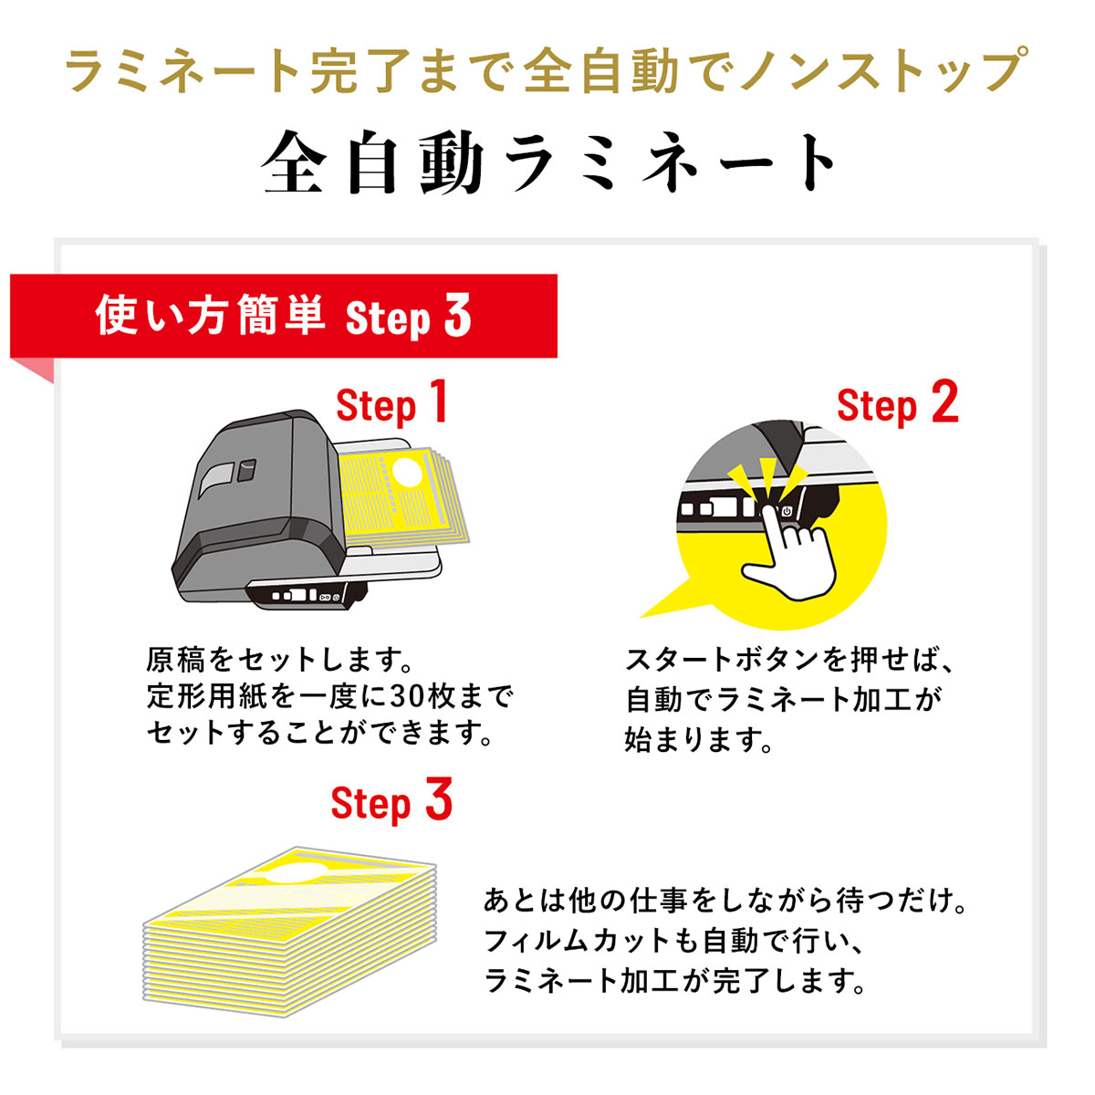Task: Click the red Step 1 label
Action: [x=392, y=404]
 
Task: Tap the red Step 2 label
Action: [x=898, y=404]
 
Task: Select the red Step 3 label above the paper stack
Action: [x=391, y=802]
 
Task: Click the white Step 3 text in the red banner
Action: [x=409, y=317]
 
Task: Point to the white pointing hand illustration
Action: [x=790, y=551]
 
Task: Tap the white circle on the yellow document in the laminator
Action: [x=407, y=473]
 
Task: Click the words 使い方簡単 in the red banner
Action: [x=210, y=316]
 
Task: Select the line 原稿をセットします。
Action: [x=279, y=659]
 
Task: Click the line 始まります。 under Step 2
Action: [x=698, y=739]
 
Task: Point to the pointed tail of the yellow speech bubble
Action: [x=642, y=617]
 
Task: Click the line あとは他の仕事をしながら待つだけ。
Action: [x=725, y=900]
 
